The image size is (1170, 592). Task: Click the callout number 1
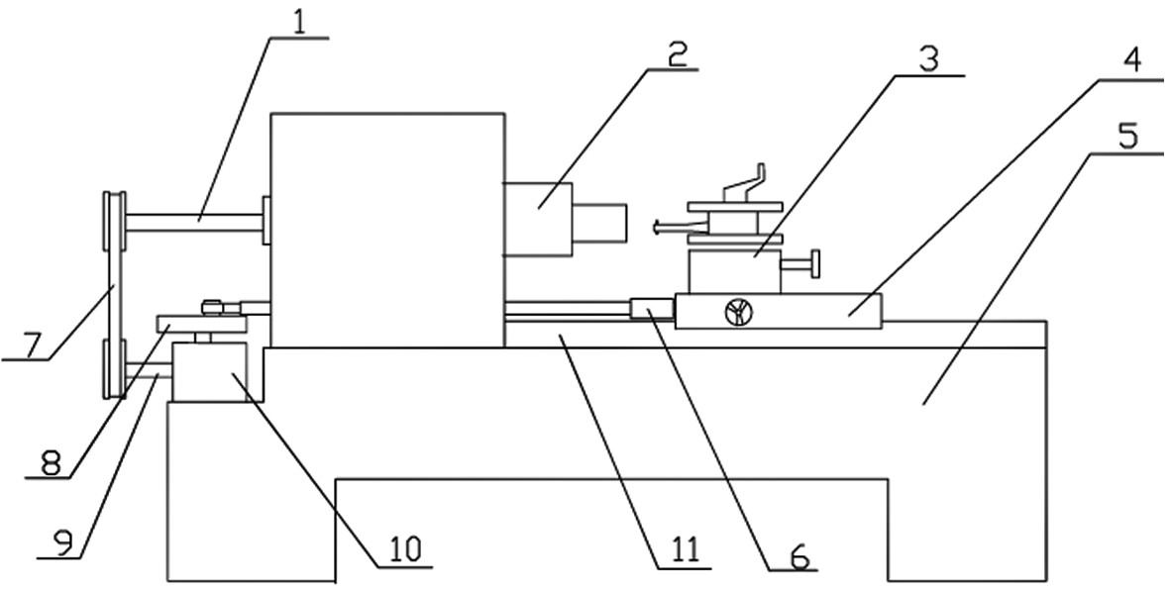point(299,24)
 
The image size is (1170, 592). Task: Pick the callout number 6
point(799,557)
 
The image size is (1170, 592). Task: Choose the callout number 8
point(50,464)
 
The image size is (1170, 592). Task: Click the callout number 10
point(403,550)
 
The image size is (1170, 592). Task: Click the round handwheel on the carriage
point(739,312)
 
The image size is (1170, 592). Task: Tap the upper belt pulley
point(114,222)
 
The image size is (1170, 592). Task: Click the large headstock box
point(387,231)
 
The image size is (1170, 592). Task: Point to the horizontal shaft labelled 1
point(194,222)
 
